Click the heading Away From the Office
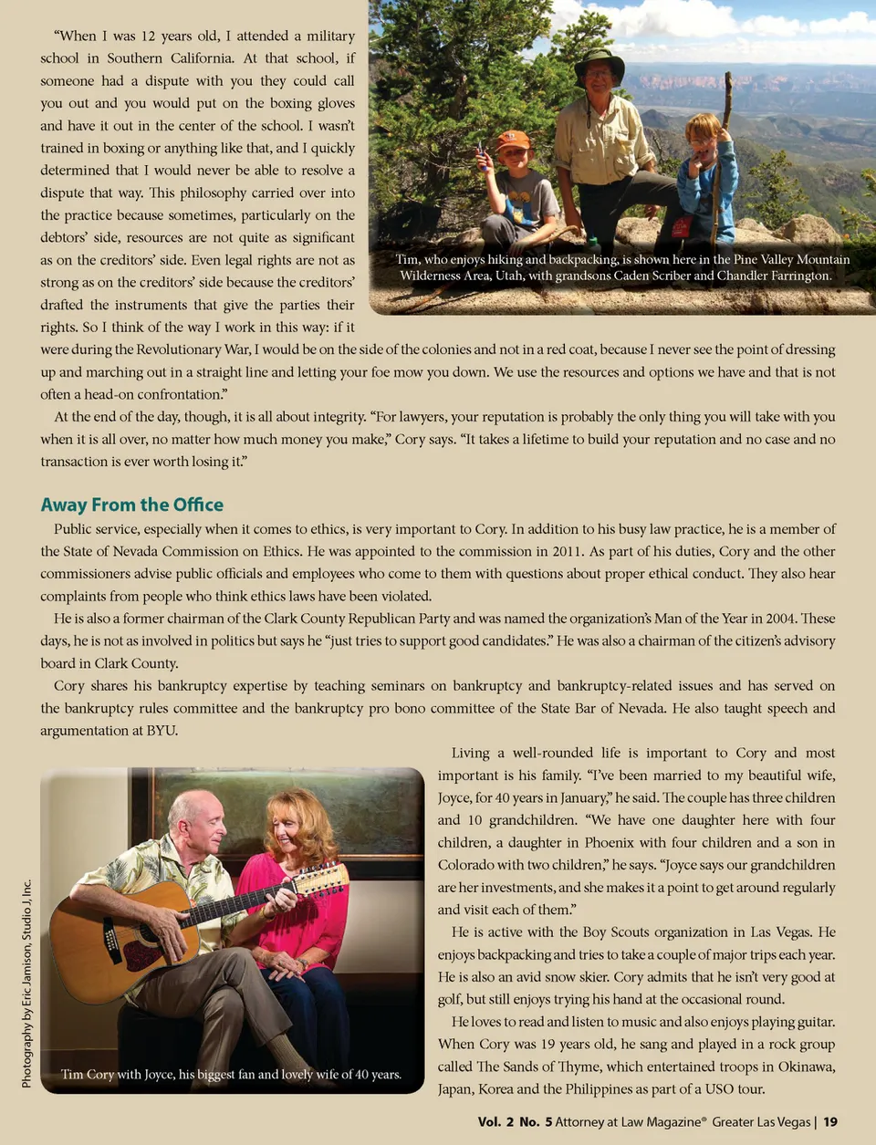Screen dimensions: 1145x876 click(x=131, y=505)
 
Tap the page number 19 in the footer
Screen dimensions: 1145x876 click(x=829, y=1121)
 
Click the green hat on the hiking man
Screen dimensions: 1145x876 click(x=600, y=64)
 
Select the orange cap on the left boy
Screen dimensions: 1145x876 click(x=512, y=140)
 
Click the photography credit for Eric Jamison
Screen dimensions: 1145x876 click(x=26, y=984)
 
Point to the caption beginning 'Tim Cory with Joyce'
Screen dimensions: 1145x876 click(x=231, y=1074)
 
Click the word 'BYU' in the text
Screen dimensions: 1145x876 click(x=162, y=730)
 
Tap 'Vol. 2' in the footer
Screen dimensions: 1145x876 click(x=495, y=1121)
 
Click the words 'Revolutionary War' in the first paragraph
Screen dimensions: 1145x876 click(x=193, y=349)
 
